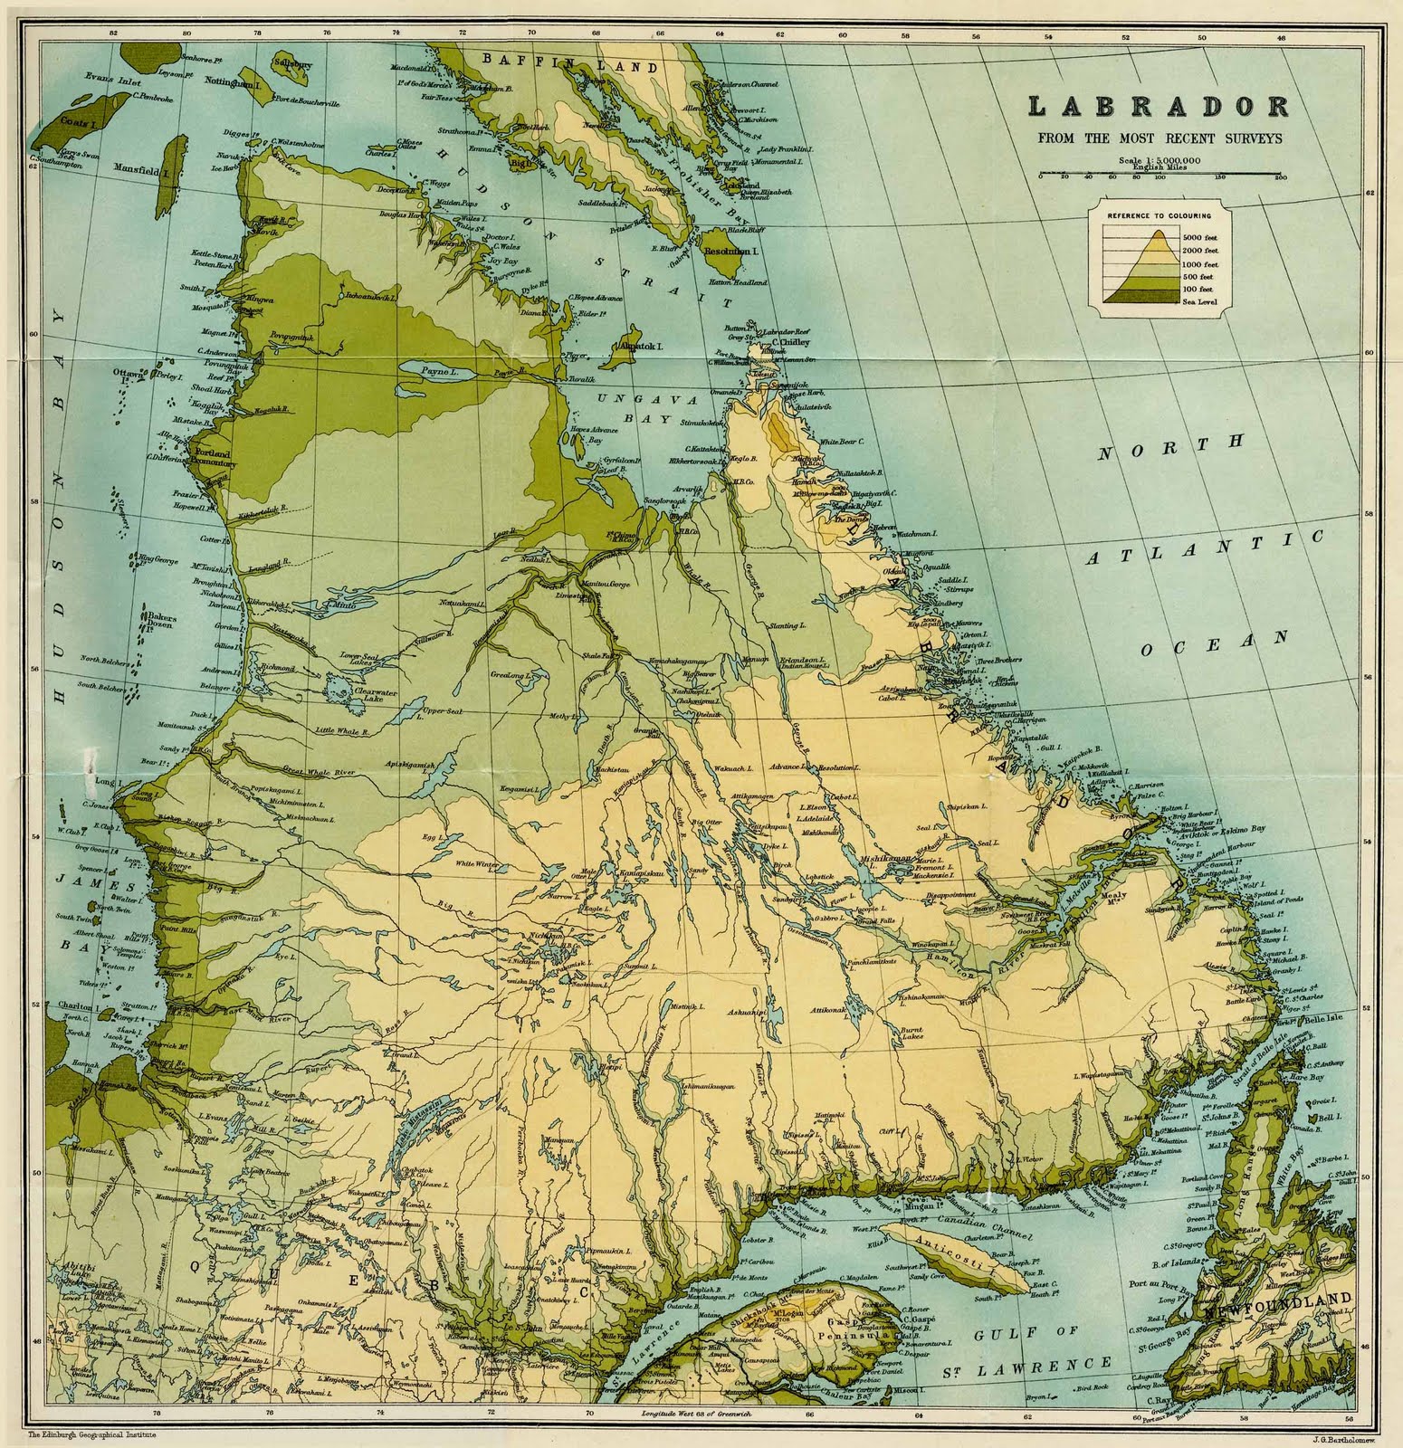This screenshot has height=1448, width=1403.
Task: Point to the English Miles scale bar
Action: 1157,172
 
